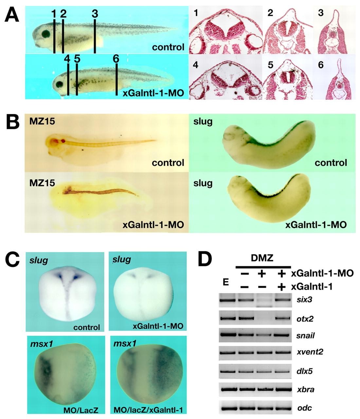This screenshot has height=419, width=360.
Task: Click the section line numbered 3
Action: [x=95, y=36]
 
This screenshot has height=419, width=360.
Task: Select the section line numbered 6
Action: [x=117, y=80]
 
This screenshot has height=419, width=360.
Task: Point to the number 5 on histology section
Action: [x=271, y=65]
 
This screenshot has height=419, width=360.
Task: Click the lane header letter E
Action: [x=225, y=282]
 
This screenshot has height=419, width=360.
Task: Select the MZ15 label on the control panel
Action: [x=42, y=122]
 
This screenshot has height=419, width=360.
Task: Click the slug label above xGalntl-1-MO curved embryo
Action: [x=203, y=183]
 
